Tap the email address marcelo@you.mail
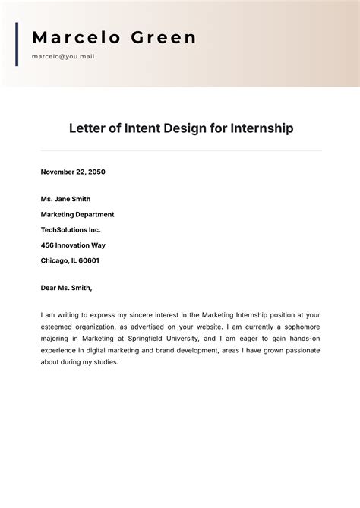[x=63, y=56]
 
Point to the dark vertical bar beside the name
[x=17, y=44]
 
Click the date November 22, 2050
[x=73, y=172]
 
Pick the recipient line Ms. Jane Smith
[x=65, y=199]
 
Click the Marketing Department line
[x=77, y=214]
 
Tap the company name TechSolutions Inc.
[x=71, y=229]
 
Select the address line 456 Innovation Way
[x=73, y=245]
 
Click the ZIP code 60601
[x=88, y=260]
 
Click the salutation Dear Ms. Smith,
[x=66, y=288]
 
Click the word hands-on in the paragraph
[x=304, y=339]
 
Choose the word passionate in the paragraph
[x=300, y=351]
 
